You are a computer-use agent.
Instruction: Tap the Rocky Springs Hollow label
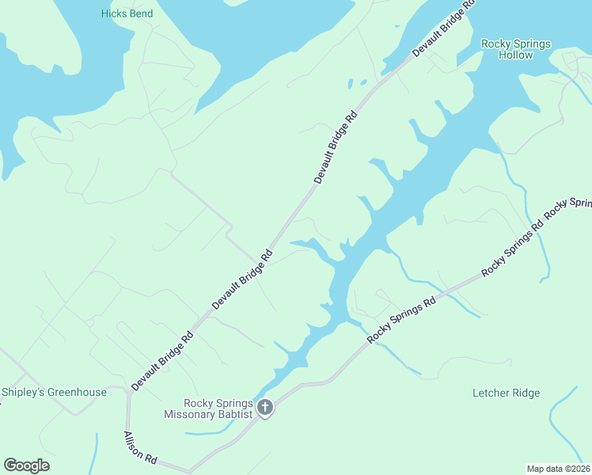coord(515,49)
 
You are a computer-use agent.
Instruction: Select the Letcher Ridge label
coord(506,393)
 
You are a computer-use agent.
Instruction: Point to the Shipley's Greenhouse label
coord(54,392)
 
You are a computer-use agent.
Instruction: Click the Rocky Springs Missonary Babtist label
coord(208,408)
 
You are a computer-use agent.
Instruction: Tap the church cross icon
coord(265,408)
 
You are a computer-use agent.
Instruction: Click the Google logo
coord(26,465)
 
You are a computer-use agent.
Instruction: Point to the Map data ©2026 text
coord(558,469)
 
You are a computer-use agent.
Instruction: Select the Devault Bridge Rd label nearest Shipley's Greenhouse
coord(162,360)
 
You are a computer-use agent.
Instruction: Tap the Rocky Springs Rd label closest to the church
coord(402,320)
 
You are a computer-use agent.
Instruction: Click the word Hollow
coord(515,55)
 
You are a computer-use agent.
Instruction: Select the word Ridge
coord(526,393)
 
